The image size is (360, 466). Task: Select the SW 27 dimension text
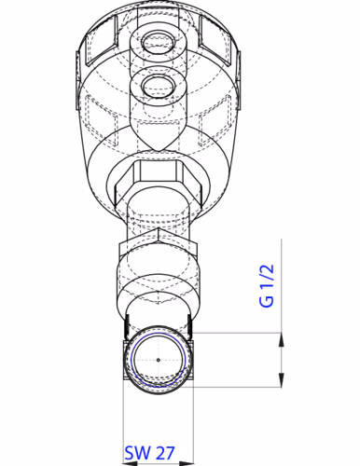pos(150,454)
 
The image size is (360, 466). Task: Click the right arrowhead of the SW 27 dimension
pos(187,437)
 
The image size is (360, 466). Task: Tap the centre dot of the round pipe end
pos(159,359)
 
